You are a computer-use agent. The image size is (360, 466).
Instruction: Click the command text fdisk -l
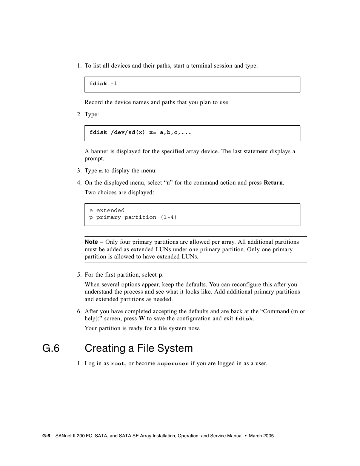103,84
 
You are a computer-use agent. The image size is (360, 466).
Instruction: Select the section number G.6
51,348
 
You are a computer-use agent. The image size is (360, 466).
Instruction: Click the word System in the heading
175,348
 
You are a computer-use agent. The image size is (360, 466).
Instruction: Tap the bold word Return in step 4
273,183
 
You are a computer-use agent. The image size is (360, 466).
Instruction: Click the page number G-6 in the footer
46,436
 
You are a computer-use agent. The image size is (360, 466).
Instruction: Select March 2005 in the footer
261,436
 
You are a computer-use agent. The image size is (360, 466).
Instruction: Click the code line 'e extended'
107,211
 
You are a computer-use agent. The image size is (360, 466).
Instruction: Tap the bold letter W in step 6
142,318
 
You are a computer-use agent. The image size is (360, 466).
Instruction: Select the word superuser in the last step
173,364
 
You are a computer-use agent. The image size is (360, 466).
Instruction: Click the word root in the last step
118,364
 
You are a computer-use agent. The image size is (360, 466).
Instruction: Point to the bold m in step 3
101,171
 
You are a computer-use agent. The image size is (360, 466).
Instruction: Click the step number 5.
79,275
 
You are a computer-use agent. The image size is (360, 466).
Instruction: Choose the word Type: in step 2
92,114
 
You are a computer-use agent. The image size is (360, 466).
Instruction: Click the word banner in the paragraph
100,151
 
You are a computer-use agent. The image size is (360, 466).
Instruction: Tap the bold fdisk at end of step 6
244,319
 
